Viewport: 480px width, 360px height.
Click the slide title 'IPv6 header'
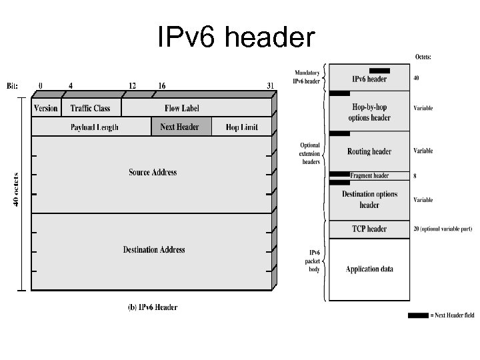[236, 37]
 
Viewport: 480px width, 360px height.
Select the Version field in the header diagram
[46, 108]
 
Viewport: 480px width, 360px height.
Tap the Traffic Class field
[90, 108]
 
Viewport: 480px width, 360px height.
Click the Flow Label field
[181, 108]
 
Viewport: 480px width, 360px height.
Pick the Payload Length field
[94, 127]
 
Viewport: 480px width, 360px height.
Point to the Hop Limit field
[241, 127]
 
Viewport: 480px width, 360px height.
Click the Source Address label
[153, 173]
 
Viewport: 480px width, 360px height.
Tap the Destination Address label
[153, 250]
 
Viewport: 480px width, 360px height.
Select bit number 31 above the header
[269, 85]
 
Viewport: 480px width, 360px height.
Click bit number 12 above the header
[132, 85]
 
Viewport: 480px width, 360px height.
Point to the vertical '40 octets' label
[15, 189]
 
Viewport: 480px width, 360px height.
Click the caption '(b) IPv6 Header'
[152, 307]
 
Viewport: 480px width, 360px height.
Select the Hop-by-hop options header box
[369, 112]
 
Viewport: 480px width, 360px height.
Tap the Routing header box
[369, 151]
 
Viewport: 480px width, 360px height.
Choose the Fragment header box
[369, 176]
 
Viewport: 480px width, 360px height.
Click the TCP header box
[369, 229]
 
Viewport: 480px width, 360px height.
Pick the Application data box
[369, 269]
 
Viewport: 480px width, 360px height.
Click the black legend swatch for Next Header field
[418, 315]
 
